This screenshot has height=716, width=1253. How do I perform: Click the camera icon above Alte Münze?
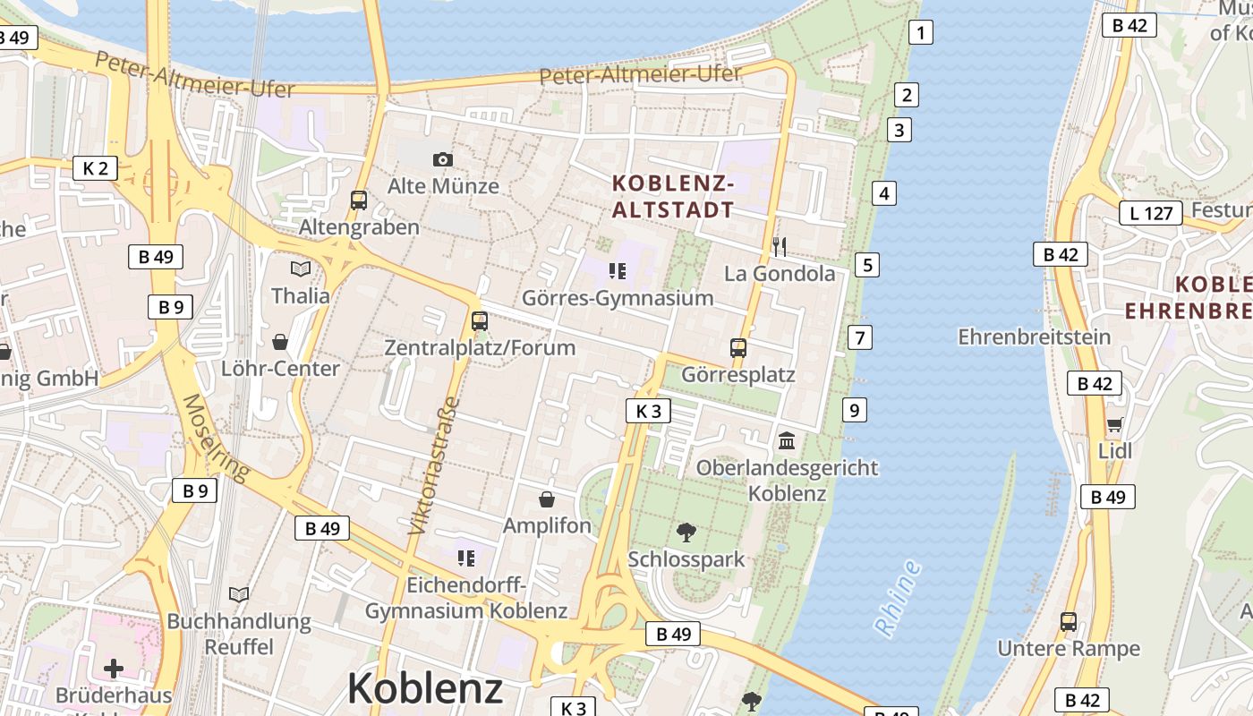(442, 159)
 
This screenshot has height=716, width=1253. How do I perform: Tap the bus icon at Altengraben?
(359, 200)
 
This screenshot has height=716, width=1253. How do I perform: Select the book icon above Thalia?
(301, 268)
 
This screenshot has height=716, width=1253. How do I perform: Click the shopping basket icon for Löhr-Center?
(280, 341)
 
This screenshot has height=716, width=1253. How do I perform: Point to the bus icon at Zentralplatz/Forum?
(480, 320)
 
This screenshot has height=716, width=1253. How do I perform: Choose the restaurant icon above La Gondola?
(780, 246)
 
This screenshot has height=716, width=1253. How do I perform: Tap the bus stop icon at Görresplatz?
(738, 347)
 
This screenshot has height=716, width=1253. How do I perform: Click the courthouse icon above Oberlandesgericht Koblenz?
(788, 440)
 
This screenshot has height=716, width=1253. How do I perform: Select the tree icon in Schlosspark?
(686, 533)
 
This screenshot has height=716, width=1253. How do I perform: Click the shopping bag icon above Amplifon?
(547, 499)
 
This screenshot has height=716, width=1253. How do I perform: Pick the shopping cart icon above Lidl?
(1114, 424)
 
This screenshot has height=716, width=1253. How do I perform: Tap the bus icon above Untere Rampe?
(1068, 621)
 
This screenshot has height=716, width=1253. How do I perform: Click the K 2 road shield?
(95, 167)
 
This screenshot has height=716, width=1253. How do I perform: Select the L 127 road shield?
(1151, 213)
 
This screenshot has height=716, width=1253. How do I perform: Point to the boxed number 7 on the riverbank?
(860, 337)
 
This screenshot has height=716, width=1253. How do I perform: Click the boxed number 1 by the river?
(920, 33)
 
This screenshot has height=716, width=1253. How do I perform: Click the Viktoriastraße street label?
(434, 465)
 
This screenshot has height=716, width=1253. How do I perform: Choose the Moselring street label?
(216, 438)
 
